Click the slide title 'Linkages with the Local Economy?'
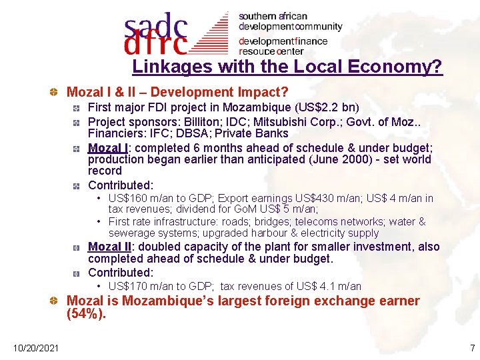click(287, 67)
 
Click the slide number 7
click(472, 348)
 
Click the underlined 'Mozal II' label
click(109, 247)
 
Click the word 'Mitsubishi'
click(291, 121)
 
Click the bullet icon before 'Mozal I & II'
click(59, 93)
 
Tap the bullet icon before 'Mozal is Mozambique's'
click(59, 301)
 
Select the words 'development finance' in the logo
click(283, 41)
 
